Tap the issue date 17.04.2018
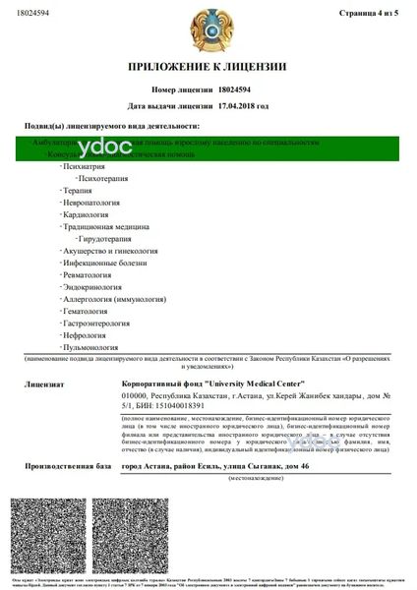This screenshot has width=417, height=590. [x=241, y=104]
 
